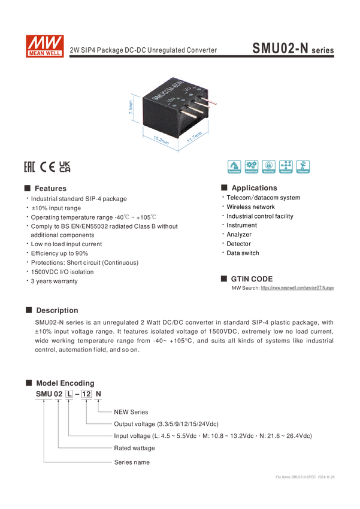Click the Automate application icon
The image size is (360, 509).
pyautogui.click(x=234, y=167)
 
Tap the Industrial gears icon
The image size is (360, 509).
pyautogui.click(x=251, y=167)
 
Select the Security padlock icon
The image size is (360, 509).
pyautogui.click(x=268, y=167)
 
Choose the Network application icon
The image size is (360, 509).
pyautogui.click(x=286, y=167)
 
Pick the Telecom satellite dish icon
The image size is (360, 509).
pyautogui.click(x=303, y=167)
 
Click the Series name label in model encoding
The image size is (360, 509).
pyautogui.click(x=132, y=462)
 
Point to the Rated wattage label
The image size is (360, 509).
pyautogui.click(x=135, y=448)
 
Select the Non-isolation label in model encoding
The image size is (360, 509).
pyautogui.click(x=131, y=412)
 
